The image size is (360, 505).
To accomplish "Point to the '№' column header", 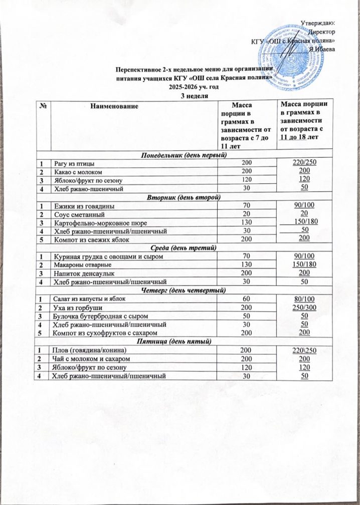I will pyautogui.click(x=42, y=105).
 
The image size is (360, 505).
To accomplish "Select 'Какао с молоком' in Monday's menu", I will pyautogui.click(x=76, y=171).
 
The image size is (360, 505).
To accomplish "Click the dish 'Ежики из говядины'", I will pyautogui.click(x=84, y=206).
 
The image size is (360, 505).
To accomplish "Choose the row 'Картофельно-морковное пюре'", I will pyautogui.click(x=100, y=222).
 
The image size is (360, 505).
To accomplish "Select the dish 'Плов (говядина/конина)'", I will pyautogui.click(x=89, y=349).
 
